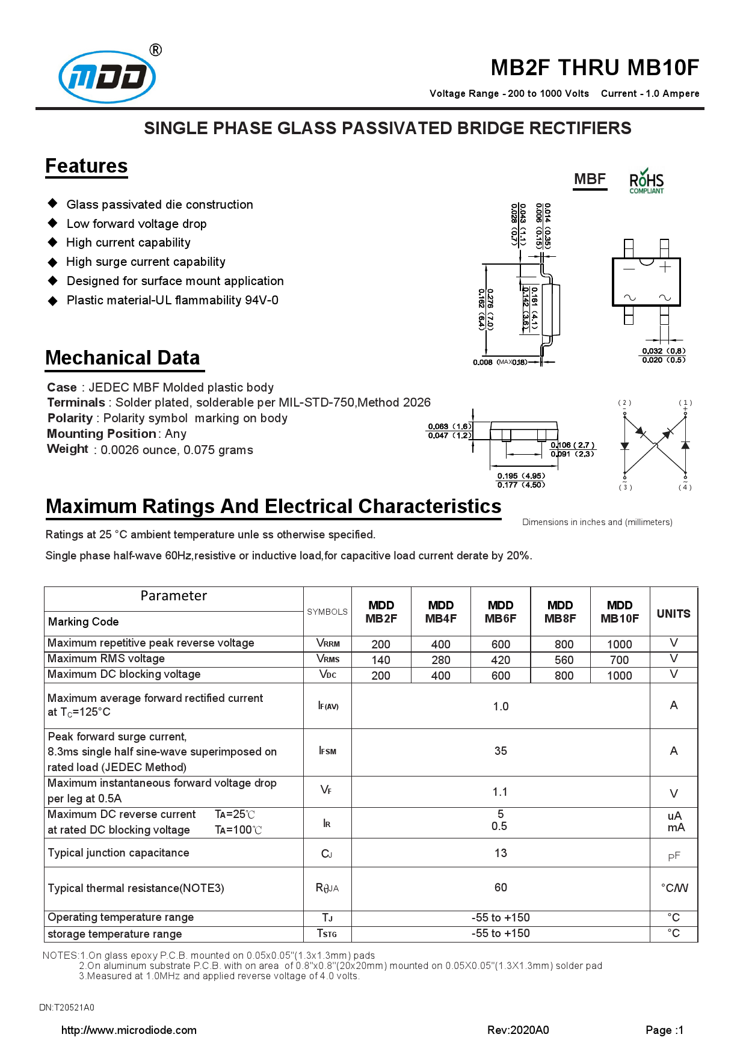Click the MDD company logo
[107, 76]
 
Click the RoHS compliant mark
[646, 181]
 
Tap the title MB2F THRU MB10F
[594, 67]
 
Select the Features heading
[87, 166]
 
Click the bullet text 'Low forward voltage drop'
[137, 224]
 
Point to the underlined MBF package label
[590, 179]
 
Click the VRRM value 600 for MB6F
[501, 644]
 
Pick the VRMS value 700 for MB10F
[619, 660]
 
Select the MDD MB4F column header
[441, 612]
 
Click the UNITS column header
[673, 614]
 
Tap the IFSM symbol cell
[327, 751]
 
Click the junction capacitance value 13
[501, 853]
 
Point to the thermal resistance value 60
[501, 887]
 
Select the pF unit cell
[674, 856]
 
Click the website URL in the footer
[129, 1030]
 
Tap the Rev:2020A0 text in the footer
[518, 1030]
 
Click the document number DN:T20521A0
[67, 1007]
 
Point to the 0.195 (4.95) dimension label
[521, 476]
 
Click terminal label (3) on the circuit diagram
[625, 487]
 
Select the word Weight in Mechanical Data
[67, 449]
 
